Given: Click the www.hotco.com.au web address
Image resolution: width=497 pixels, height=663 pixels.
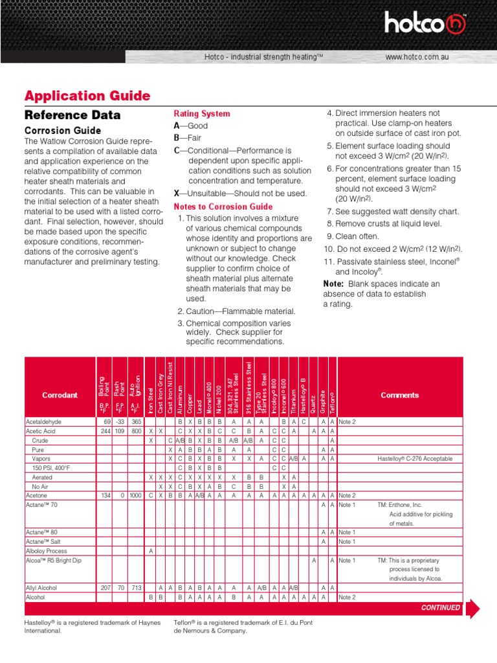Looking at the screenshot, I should pos(417,58).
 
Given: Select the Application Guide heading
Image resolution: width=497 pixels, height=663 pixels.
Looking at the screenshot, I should pos(87,96).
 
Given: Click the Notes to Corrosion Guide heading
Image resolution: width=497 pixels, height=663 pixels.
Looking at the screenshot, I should pos(223,207).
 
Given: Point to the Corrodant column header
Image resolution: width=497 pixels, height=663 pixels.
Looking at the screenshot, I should pos(60,395).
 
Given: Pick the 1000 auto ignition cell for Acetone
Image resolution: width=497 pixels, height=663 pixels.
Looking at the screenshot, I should pos(135,495).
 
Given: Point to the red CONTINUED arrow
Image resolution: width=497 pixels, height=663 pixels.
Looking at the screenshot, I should pos(472,608).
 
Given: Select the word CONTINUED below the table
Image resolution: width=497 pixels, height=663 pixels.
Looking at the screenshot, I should pos(441,608).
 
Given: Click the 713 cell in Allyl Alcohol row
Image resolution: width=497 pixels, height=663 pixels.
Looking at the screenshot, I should pos(136,587).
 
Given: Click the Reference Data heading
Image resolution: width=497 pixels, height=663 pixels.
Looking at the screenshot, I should pos(72,115).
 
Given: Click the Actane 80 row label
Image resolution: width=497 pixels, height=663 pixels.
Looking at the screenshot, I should pos(42,532).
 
